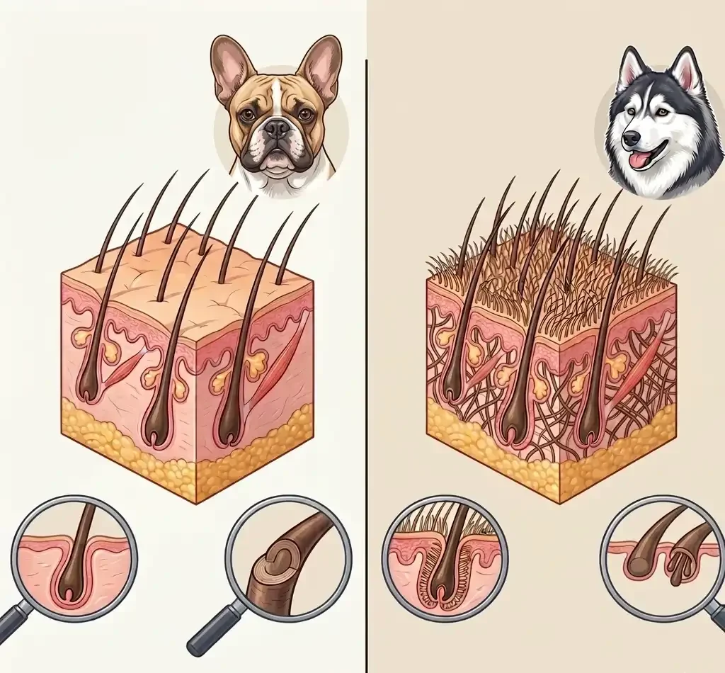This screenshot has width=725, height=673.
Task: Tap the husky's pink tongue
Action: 641,160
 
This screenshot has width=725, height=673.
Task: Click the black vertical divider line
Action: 366,354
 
